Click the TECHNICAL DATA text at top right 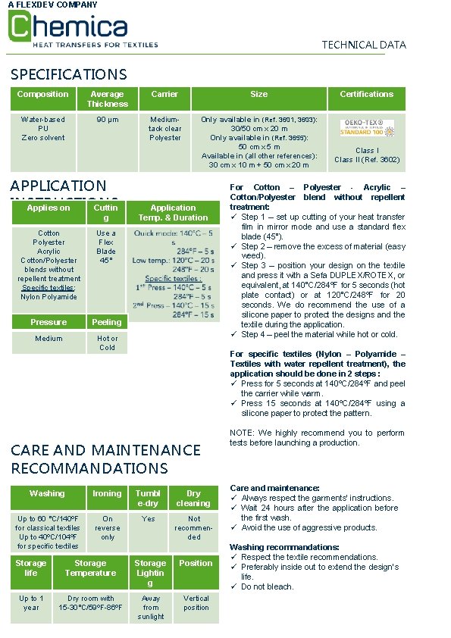point(364,45)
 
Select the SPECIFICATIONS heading point(69,74)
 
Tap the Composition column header point(42,95)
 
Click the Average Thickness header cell point(107,99)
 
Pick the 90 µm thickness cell point(107,120)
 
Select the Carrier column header point(164,95)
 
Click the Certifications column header point(366,95)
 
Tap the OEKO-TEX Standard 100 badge point(366,127)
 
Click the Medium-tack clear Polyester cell point(164,129)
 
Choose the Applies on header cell point(49,208)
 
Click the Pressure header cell point(49,322)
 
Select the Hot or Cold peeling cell point(107,343)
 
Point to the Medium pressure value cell point(49,339)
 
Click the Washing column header point(47,494)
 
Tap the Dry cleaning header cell point(193,499)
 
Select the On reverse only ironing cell point(107,528)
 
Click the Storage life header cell point(31,568)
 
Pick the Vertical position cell point(196,603)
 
